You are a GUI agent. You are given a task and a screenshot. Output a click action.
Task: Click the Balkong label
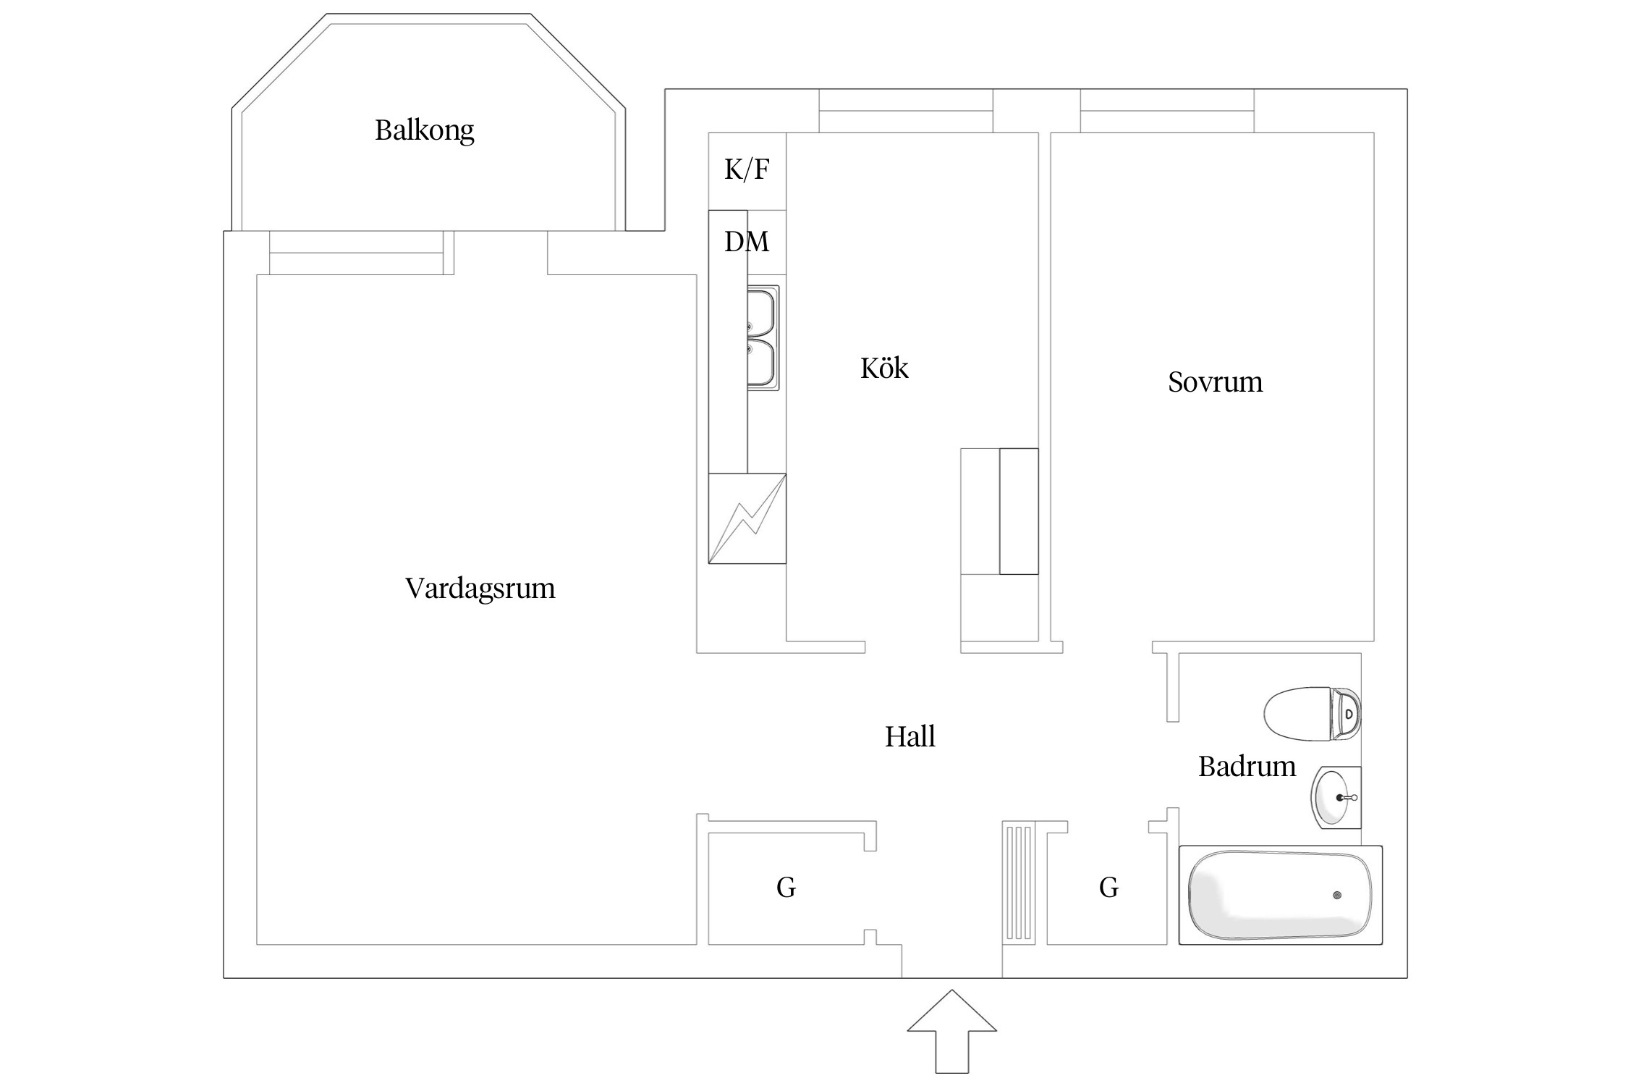pos(424,131)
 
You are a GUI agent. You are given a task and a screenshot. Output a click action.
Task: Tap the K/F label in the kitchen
pos(747,169)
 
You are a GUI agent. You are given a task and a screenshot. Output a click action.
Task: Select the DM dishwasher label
pos(747,241)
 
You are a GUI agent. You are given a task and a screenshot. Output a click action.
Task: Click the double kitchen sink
pos(763,338)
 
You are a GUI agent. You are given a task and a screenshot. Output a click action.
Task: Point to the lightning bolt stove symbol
pos(747,518)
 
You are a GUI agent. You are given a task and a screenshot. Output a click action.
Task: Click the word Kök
pos(883,369)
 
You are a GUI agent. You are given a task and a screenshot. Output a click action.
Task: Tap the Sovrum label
pos(1215,382)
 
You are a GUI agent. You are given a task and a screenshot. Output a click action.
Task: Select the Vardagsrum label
pos(480,589)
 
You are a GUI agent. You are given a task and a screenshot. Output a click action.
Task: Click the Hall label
pos(910,737)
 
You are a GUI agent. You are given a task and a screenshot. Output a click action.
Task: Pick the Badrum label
pos(1247,767)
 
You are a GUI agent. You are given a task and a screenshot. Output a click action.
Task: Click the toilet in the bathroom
pos(1312,714)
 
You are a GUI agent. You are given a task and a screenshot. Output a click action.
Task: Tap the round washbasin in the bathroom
pos(1334,798)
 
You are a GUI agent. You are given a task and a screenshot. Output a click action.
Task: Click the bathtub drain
pos(1336,896)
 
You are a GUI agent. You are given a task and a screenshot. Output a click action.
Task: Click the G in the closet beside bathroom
pos(1108,888)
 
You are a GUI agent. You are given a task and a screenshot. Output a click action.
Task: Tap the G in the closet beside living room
pos(786,888)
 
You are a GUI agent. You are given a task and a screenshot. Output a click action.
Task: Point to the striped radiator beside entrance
pos(1019,883)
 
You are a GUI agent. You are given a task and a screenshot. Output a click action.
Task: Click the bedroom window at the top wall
pos(1167,111)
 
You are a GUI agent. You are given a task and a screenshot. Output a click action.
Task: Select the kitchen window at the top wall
pos(905,111)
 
